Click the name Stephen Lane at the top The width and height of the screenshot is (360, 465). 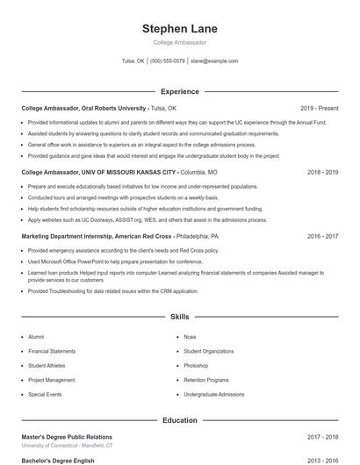tap(179, 29)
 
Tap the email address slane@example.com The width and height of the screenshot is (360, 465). tap(214, 61)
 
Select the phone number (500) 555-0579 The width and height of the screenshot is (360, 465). tap(167, 61)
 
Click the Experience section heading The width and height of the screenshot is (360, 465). tap(179, 91)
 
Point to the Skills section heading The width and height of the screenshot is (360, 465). tap(179, 316)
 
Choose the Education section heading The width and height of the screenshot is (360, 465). tap(179, 420)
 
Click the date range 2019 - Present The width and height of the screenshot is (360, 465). tap(319, 108)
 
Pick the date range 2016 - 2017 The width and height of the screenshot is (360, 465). tap(322, 236)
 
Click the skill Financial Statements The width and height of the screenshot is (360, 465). tap(51, 351)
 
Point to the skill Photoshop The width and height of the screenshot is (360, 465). tap(196, 365)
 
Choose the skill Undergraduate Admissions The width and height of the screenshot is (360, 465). tap(214, 395)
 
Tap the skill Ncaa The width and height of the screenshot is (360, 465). tap(191, 336)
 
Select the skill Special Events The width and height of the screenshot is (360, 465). tap(45, 395)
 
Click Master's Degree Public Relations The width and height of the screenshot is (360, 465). tap(67, 436)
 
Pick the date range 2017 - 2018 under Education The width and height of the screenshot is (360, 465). tap(322, 436)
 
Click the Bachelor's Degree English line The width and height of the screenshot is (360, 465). tap(58, 460)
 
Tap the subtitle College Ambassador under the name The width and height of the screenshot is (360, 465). tap(179, 42)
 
